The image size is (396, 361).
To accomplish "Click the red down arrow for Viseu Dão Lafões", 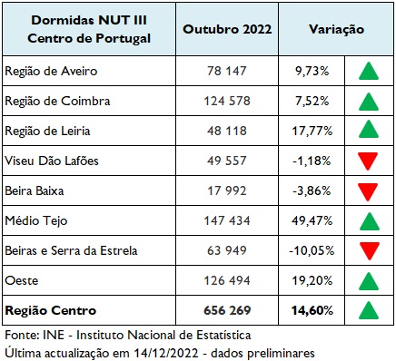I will [x=367, y=161].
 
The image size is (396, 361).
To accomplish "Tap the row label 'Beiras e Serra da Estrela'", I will [x=70, y=250].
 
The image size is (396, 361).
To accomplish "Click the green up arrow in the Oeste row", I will [x=367, y=280].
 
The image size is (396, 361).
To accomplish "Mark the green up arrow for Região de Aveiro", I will [x=367, y=71].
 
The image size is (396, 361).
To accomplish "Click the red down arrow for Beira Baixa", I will [x=367, y=191].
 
